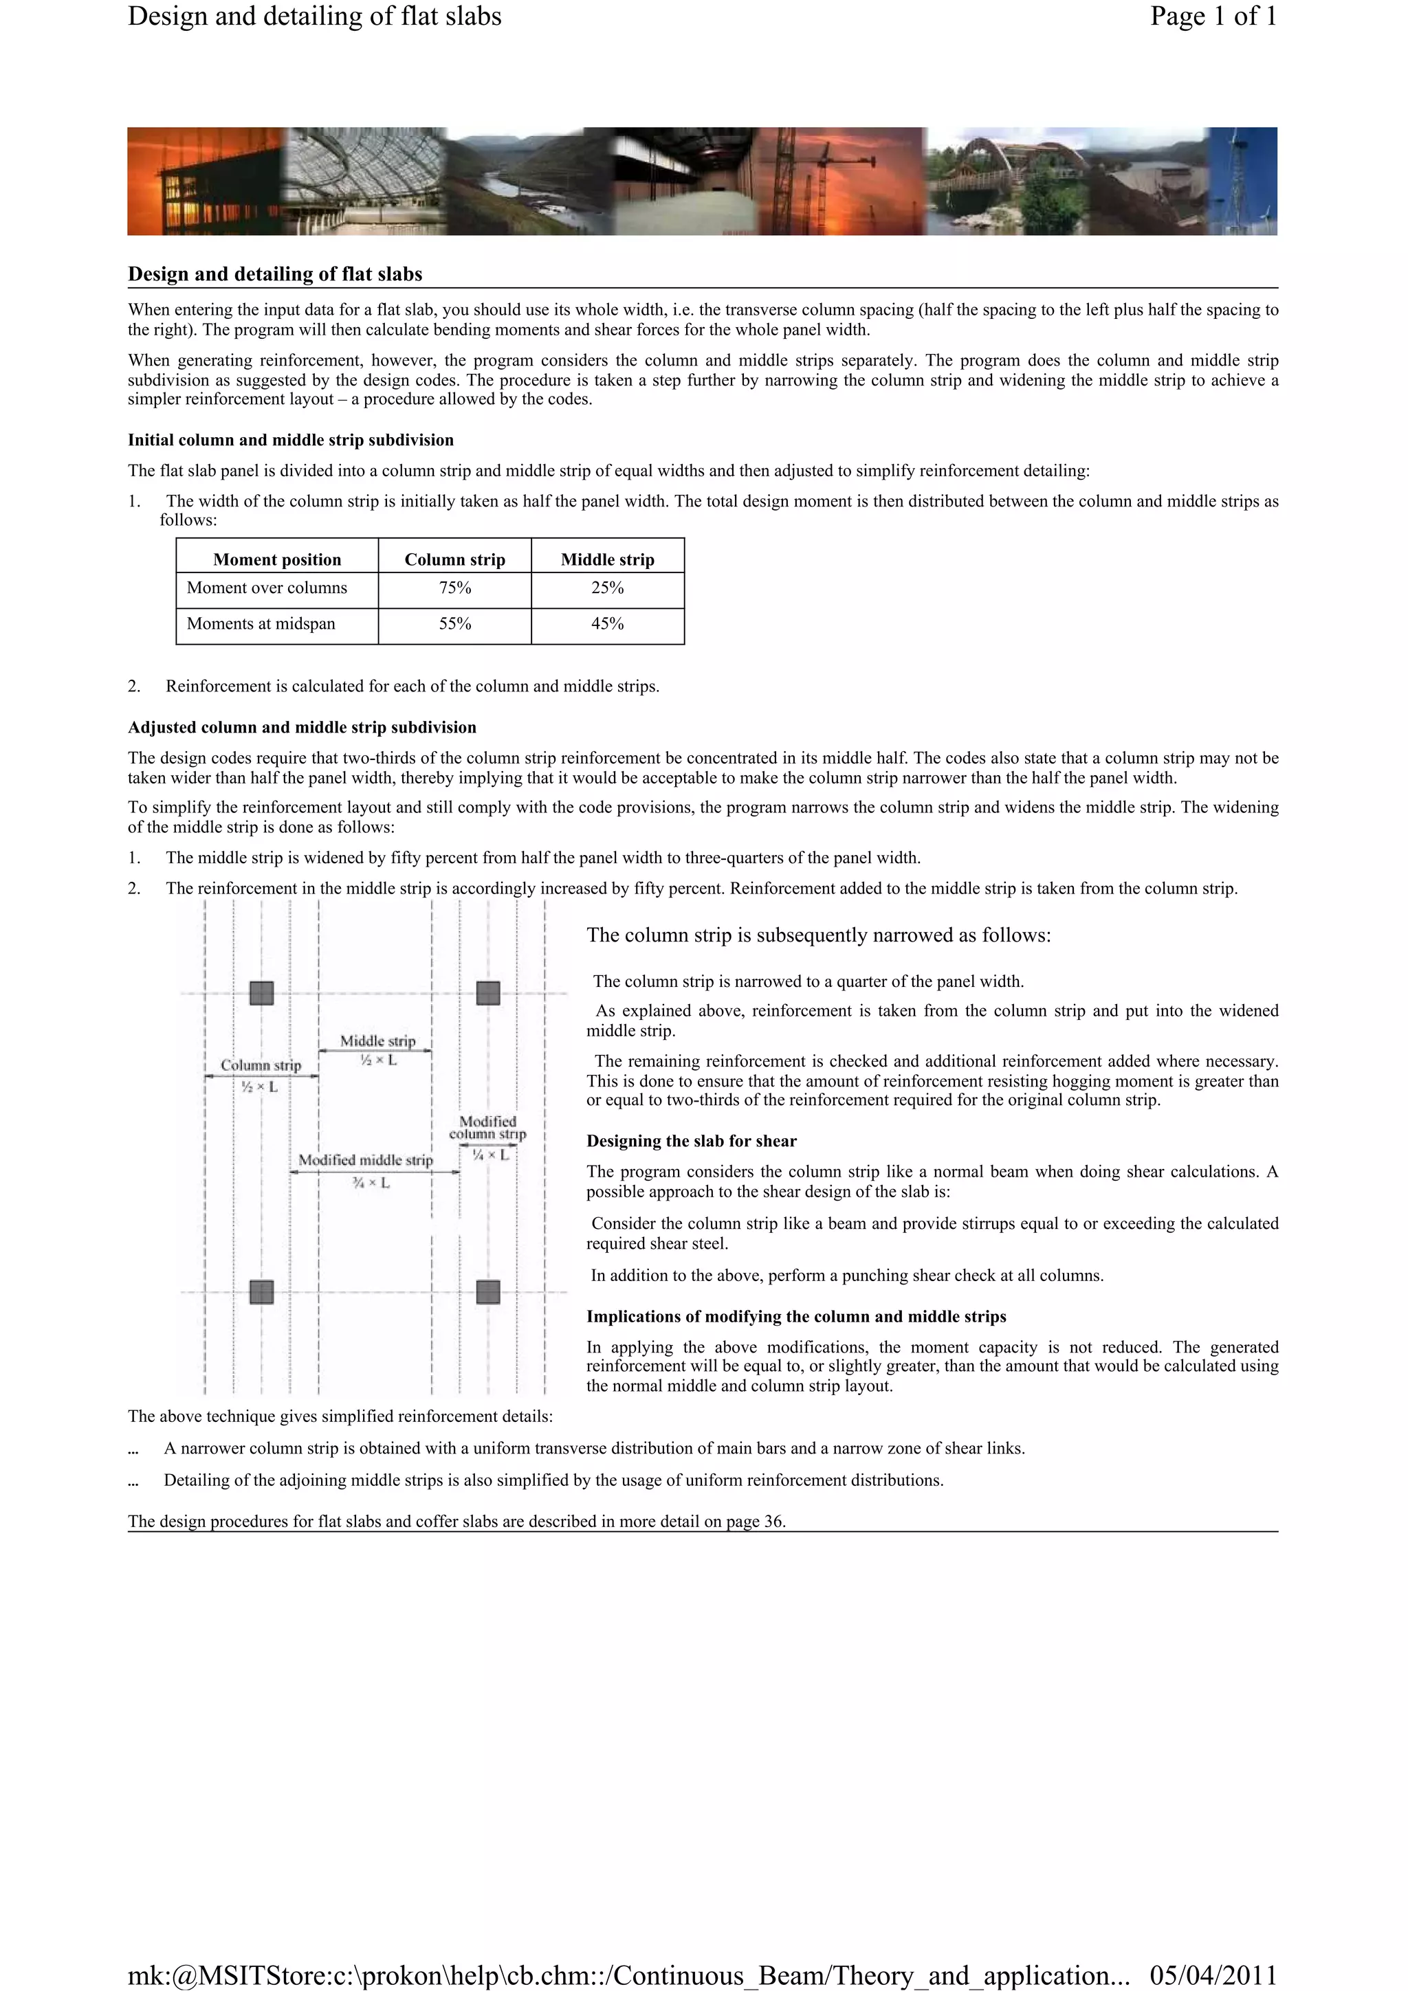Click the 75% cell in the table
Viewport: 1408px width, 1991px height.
pos(454,588)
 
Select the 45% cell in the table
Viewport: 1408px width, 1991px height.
pos(607,624)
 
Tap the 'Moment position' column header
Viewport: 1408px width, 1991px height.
pos(277,559)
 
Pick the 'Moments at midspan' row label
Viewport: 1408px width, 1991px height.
pos(261,624)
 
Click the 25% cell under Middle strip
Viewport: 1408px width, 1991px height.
pos(607,588)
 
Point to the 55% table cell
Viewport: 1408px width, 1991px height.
pos(454,624)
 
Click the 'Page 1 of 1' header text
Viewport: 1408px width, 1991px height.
pos(1212,16)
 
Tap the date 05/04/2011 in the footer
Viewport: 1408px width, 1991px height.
pos(1212,1975)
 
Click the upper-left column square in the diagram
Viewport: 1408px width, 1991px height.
pos(261,993)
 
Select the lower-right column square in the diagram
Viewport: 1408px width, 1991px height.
pos(488,1292)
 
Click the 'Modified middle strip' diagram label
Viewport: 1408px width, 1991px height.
pos(365,1160)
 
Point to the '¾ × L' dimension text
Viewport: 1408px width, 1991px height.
pos(371,1183)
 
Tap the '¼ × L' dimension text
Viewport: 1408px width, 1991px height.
pos(490,1155)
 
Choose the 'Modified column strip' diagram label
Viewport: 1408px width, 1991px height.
pos(487,1127)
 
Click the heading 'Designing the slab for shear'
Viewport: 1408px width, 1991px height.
pos(690,1141)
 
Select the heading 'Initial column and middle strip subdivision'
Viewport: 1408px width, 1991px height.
pos(291,441)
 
